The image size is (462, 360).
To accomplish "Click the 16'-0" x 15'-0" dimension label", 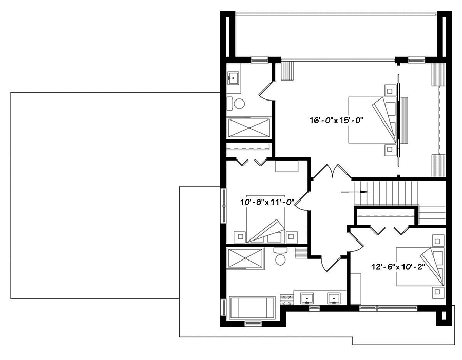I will (336, 121).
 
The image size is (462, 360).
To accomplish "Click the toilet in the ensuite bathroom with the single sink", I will (239, 103).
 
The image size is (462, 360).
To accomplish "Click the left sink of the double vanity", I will (307, 298).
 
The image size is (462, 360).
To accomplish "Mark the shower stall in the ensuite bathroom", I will (249, 128).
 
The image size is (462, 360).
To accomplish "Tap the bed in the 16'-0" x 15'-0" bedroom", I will (374, 119).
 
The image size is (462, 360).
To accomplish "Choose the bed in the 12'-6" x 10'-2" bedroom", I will (419, 267).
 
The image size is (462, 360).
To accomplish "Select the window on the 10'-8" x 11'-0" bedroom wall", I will (223, 205).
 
